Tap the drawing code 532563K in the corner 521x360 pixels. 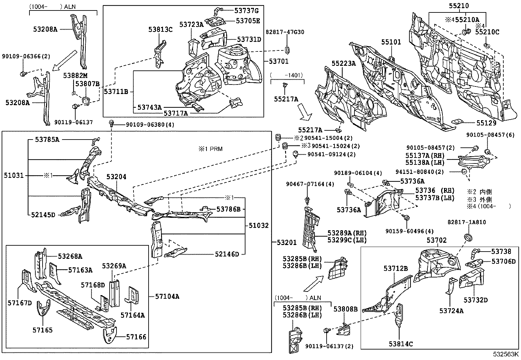tap(506, 354)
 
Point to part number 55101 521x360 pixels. tap(391, 42)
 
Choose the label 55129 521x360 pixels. tap(486, 123)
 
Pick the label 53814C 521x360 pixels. tap(401, 344)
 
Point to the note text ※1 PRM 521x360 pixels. tap(210, 149)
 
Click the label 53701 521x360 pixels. tap(279, 61)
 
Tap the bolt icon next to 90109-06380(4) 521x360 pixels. tap(111, 124)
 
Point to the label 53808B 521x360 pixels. tap(345, 309)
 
